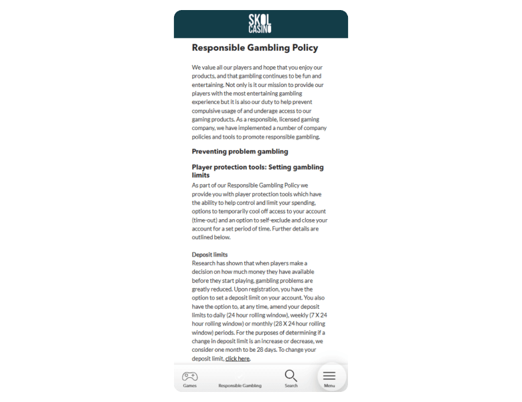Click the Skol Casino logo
[260, 23]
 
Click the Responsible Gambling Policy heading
[255, 48]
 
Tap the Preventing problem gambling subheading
[240, 151]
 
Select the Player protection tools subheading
[258, 171]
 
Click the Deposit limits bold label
[209, 255]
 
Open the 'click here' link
[238, 358]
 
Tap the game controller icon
[190, 376]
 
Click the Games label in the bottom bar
[190, 386]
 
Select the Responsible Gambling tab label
[240, 386]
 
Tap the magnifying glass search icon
[290, 376]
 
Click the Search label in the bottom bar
[291, 386]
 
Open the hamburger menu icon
[329, 376]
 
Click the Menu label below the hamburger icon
[329, 386]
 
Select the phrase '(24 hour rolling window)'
[257, 315]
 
